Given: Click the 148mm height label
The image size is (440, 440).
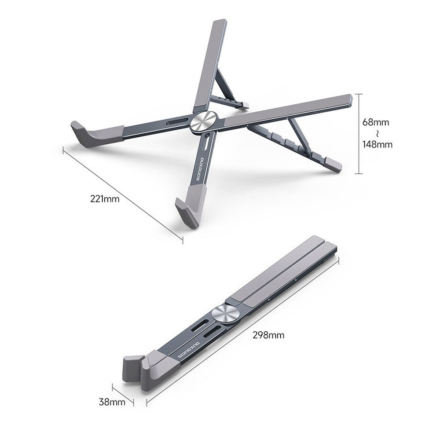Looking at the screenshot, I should (377, 144).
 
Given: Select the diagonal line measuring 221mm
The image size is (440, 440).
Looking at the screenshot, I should (123, 194).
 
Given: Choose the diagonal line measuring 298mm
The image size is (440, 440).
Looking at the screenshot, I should (242, 325).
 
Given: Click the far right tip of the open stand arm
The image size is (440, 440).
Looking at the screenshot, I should (350, 99).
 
